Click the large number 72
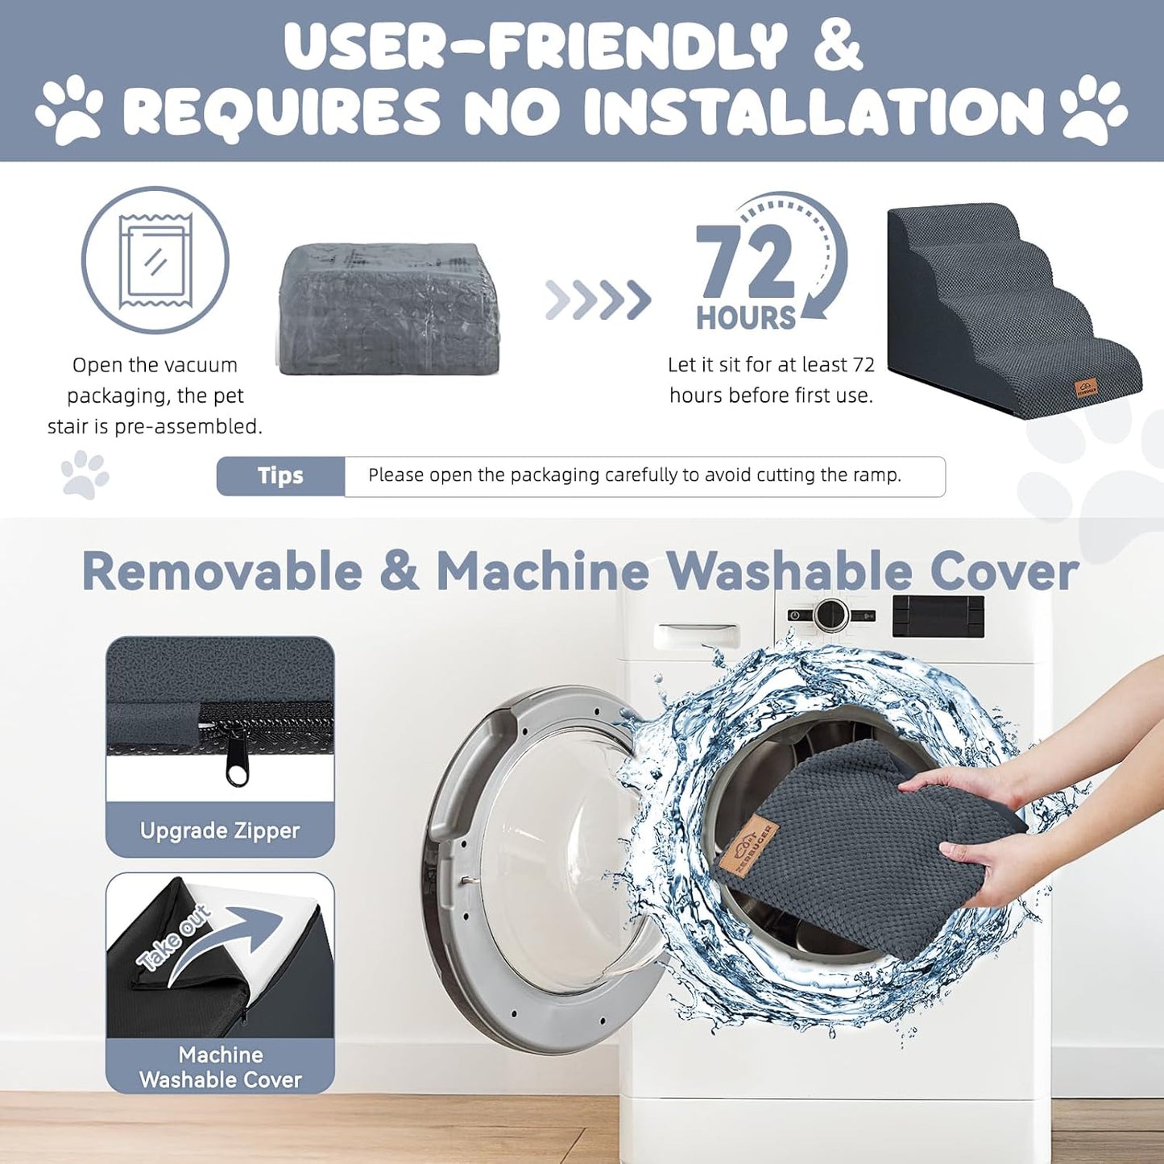745,262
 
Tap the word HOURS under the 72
746,317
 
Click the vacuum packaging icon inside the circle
155,259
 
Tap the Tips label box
281,476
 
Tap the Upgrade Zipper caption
220,831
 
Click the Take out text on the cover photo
173,939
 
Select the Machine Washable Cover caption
221,1067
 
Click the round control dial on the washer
831,614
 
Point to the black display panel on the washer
938,616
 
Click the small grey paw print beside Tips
85,474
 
